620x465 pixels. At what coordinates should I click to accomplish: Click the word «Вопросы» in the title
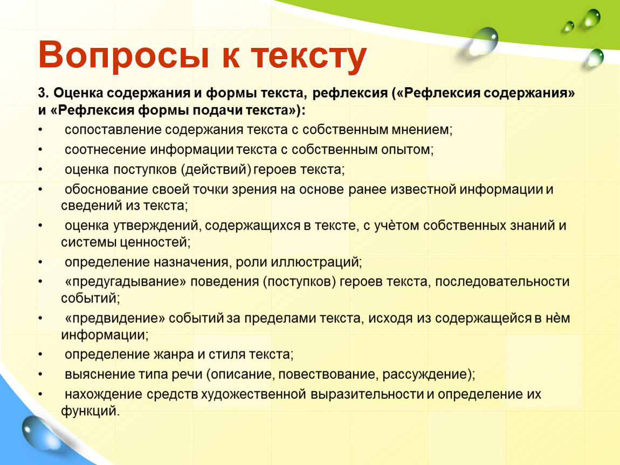click(x=123, y=55)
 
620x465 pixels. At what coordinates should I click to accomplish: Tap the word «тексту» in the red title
click(x=309, y=57)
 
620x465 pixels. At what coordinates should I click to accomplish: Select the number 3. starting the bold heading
click(x=43, y=93)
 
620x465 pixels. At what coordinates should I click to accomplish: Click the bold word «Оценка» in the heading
click(x=78, y=93)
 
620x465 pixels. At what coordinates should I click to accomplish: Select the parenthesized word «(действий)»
click(x=216, y=170)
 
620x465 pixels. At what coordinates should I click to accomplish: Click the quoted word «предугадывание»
click(x=125, y=282)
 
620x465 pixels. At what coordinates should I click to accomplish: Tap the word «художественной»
click(x=253, y=394)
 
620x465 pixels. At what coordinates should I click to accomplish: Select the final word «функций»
click(x=89, y=411)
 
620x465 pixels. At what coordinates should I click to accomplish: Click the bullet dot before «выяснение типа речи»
click(x=40, y=374)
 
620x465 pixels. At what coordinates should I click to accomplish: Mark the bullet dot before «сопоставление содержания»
click(x=40, y=130)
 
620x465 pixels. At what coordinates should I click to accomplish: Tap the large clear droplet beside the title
click(x=483, y=41)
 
